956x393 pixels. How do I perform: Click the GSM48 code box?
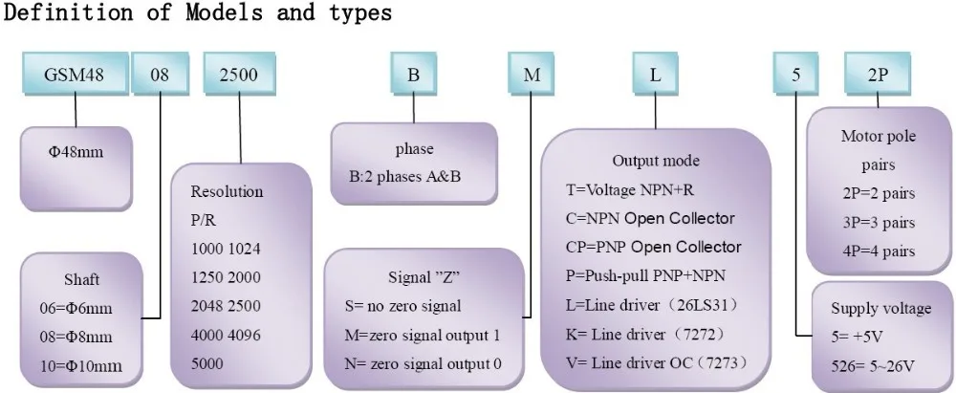75,74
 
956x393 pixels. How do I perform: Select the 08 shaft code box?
161,74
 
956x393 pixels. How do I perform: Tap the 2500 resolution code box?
239,74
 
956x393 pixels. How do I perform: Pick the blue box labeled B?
413,74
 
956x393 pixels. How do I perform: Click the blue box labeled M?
532,74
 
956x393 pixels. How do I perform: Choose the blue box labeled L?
656,74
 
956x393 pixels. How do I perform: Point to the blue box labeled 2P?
878,74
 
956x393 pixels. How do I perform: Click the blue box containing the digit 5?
796,74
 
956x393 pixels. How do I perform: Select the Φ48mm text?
76,152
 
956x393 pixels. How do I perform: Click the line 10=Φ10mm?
81,366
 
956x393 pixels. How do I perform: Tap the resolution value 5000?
207,363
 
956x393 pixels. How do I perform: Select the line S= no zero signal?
402,306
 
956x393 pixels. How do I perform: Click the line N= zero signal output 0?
424,364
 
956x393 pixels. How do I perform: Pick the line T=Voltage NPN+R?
630,189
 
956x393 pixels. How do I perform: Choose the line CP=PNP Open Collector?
654,247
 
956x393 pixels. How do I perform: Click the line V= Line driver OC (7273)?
657,363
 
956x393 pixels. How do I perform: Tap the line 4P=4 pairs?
880,251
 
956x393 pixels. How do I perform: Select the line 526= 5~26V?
873,366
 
